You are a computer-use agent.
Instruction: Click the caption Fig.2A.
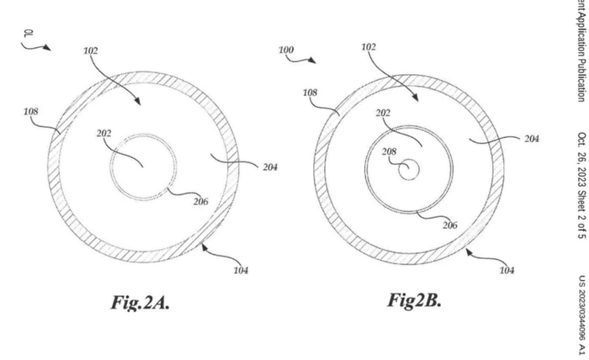pos(140,304)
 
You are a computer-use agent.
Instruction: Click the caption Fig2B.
pos(414,300)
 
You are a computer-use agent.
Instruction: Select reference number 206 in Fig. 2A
pos(200,201)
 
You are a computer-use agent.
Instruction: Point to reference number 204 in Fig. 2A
pos(269,167)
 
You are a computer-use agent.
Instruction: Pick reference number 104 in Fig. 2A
pos(240,270)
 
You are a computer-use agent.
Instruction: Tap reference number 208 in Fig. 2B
pos(389,152)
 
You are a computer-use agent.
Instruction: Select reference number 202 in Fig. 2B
pos(383,112)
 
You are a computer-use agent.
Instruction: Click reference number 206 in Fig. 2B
pos(450,225)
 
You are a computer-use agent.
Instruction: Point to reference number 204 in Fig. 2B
pos(531,139)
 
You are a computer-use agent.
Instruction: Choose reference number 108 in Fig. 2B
pos(310,92)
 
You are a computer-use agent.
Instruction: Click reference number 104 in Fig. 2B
pos(507,270)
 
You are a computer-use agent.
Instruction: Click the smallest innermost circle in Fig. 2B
pos(409,170)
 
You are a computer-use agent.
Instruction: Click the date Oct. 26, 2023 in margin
pos(581,160)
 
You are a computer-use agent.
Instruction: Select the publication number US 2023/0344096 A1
pos(581,312)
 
